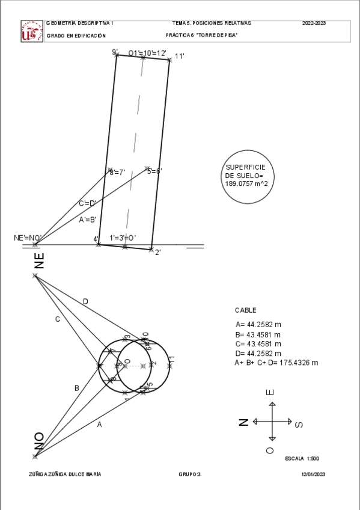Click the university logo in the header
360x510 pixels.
coord(32,31)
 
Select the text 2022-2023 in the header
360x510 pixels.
coord(314,23)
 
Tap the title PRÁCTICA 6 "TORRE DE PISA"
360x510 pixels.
coord(202,35)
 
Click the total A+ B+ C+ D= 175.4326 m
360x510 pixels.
coord(276,363)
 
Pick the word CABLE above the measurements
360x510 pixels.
coord(245,310)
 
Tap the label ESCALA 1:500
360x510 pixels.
coord(302,458)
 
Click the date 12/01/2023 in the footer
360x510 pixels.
coord(313,475)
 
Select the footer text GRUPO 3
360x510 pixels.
coord(189,475)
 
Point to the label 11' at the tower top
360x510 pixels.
coord(179,57)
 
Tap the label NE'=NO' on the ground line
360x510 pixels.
coord(26,238)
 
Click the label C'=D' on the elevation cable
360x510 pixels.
coord(87,203)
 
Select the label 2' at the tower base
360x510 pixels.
coord(157,253)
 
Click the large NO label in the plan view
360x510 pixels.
coord(39,441)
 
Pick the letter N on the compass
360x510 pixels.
coord(243,422)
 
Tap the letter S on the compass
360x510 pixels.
coord(300,425)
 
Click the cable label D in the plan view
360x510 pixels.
coord(85,301)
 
